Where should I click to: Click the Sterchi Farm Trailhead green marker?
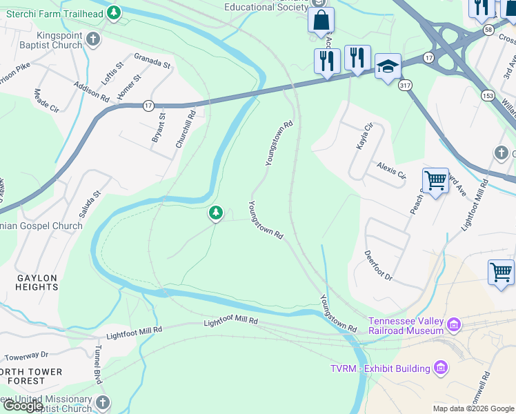115,12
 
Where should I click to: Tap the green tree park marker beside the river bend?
216,213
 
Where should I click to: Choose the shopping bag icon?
321,21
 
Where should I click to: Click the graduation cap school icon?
388,66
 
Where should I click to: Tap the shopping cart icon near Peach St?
435,181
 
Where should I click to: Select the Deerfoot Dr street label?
378,266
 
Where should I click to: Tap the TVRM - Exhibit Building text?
380,368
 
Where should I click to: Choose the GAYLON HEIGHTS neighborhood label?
37,282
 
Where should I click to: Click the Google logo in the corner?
23,406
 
